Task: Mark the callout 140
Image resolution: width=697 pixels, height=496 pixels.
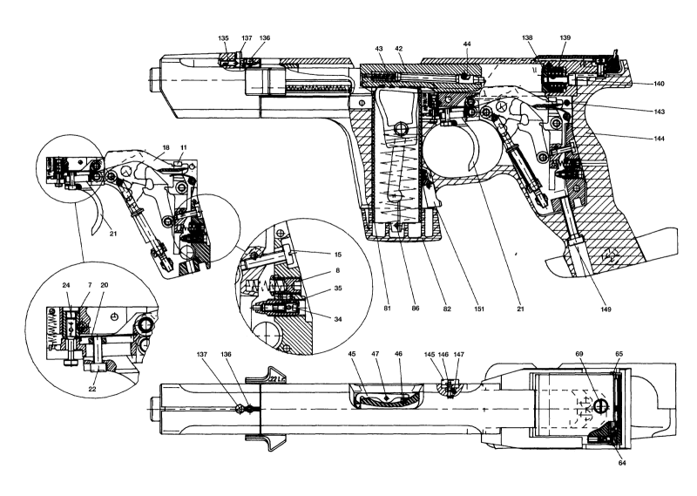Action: (659, 83)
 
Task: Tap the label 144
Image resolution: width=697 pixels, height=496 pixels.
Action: (659, 138)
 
